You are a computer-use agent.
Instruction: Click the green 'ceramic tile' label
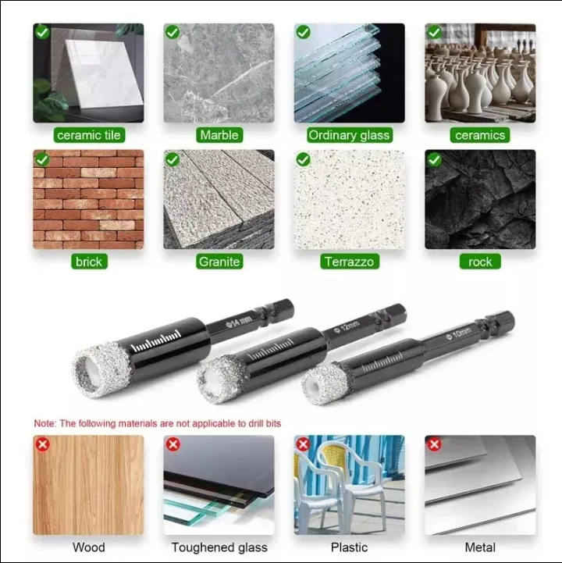tap(89, 135)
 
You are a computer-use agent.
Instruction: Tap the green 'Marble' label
tap(219, 135)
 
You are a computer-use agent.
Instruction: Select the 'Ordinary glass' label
tap(349, 135)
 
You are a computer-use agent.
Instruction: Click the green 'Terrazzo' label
tap(350, 262)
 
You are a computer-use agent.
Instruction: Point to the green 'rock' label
tap(480, 262)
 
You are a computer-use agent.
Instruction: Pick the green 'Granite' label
tap(219, 262)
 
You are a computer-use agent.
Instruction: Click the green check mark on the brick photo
tap(42, 159)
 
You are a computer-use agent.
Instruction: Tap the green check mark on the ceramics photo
tap(434, 32)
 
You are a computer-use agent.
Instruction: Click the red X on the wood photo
tap(43, 444)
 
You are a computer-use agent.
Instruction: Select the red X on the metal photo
tap(434, 444)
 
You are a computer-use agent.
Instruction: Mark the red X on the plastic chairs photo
tap(304, 444)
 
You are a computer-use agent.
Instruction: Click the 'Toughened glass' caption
tap(219, 547)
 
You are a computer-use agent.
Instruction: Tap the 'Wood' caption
tap(89, 547)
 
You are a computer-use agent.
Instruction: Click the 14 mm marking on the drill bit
tap(240, 321)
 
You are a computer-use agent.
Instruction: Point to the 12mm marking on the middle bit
tap(347, 326)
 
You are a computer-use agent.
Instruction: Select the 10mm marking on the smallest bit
tap(459, 333)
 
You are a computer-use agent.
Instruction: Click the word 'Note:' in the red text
tap(45, 423)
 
